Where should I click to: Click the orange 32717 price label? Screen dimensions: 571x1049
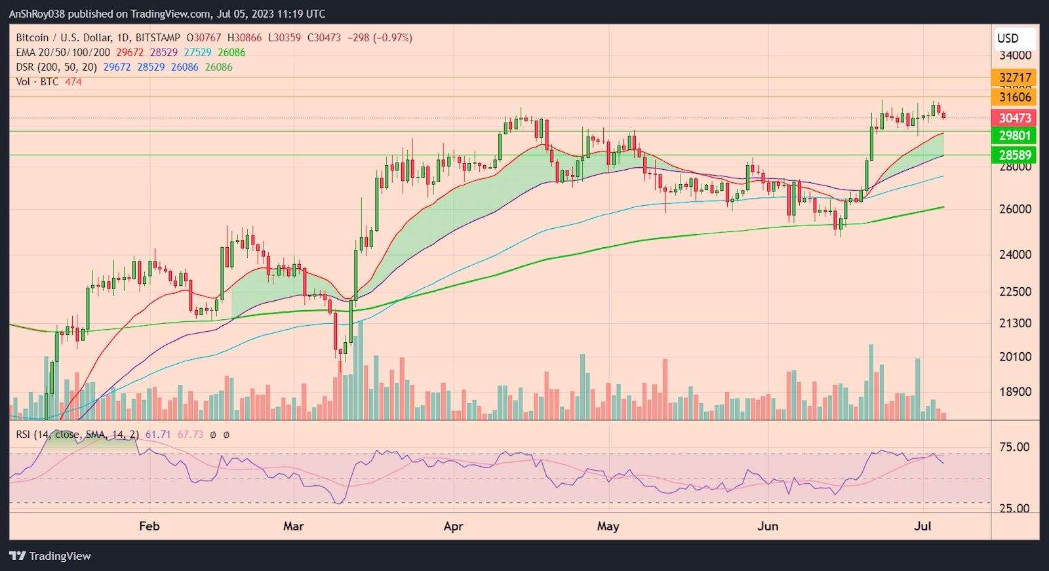pyautogui.click(x=1015, y=77)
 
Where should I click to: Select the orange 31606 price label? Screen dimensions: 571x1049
pyautogui.click(x=1015, y=97)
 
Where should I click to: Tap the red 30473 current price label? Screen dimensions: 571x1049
pyautogui.click(x=1015, y=118)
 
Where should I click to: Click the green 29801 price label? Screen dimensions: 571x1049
pyautogui.click(x=1015, y=136)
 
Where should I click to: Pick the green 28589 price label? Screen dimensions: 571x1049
pyautogui.click(x=1015, y=155)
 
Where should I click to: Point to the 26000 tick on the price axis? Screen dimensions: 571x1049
pyautogui.click(x=1015, y=209)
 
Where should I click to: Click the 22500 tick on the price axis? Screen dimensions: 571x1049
pyautogui.click(x=1015, y=292)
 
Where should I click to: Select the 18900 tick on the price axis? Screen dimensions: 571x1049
pyautogui.click(x=1015, y=392)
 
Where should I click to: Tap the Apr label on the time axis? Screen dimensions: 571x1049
pyautogui.click(x=453, y=526)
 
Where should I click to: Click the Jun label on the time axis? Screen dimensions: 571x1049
pyautogui.click(x=768, y=526)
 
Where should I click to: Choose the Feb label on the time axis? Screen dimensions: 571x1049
pyautogui.click(x=149, y=526)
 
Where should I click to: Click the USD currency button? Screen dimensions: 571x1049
pyautogui.click(x=1008, y=38)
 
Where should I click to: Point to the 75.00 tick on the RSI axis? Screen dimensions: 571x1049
pyautogui.click(x=1014, y=447)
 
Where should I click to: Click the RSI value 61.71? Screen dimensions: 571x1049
pyautogui.click(x=158, y=435)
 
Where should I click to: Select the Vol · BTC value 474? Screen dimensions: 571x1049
pyautogui.click(x=73, y=82)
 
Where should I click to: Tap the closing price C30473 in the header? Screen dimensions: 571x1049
pyautogui.click(x=324, y=38)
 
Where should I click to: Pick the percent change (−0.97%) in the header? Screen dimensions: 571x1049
pyautogui.click(x=393, y=38)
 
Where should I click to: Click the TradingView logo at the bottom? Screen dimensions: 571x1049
pyautogui.click(x=50, y=556)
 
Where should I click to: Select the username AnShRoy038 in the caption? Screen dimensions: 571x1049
pyautogui.click(x=37, y=14)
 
